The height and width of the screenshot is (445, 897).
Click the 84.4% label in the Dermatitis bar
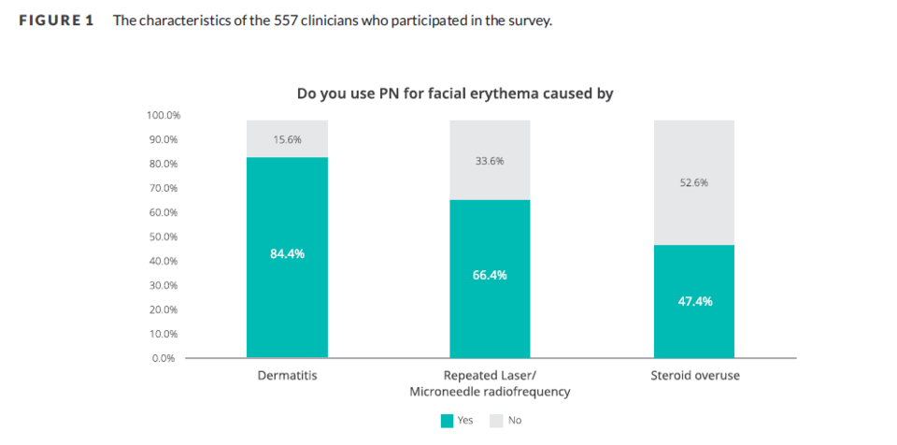(287, 254)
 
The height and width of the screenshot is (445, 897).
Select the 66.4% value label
(490, 275)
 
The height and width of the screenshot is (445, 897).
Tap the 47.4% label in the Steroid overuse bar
(694, 301)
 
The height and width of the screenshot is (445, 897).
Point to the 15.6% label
(287, 139)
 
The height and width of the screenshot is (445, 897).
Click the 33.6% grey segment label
(490, 161)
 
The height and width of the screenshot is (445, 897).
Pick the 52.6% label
(694, 182)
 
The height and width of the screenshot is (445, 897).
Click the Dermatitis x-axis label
(287, 376)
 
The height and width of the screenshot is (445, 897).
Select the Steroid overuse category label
(694, 376)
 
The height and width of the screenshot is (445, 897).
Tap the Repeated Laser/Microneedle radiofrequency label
(490, 383)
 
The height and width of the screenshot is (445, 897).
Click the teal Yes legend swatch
(447, 421)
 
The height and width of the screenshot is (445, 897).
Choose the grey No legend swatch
(496, 421)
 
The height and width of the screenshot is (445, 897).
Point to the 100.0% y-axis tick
(164, 115)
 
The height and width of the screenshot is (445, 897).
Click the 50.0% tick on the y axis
(165, 237)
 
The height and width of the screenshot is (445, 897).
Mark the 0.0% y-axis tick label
(168, 358)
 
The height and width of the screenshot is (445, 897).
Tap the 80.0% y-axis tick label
(165, 164)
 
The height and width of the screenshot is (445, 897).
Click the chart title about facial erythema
(455, 93)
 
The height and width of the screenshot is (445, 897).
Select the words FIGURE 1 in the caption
(56, 21)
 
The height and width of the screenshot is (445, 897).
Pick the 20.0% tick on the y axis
(165, 309)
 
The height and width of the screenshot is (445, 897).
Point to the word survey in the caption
(532, 21)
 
